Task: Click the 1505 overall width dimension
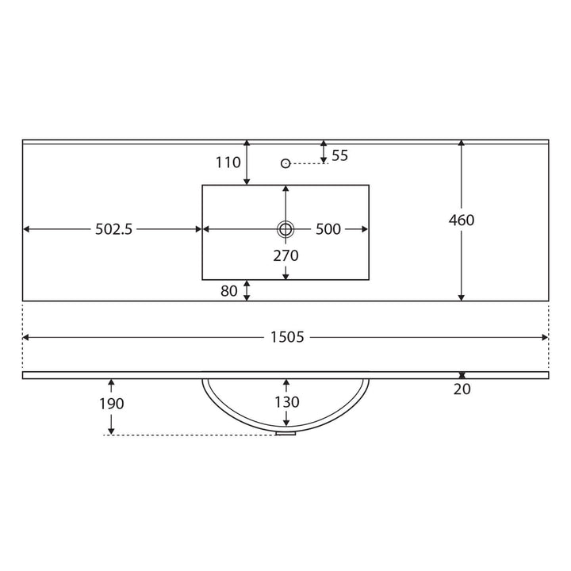pos(287,337)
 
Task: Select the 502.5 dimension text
pos(113,229)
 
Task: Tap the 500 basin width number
pos(328,229)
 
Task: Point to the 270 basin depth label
pos(285,255)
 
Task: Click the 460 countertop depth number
pos(462,220)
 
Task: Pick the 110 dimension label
pos(228,163)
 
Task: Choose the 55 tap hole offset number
pos(339,155)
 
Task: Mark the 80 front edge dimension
pos(229,291)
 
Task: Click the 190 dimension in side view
pos(112,404)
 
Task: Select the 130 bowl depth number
pos(287,402)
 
